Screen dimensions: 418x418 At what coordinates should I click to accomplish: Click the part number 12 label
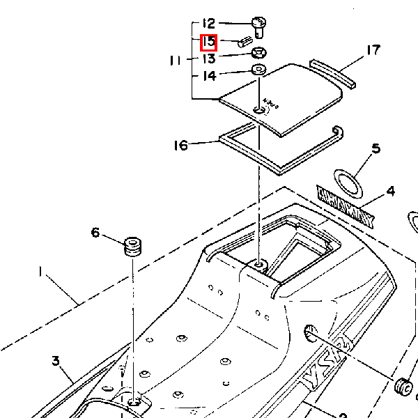pyautogui.click(x=208, y=24)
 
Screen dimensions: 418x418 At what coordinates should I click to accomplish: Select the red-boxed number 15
pyautogui.click(x=208, y=42)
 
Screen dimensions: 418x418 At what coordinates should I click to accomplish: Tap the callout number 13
pyautogui.click(x=208, y=59)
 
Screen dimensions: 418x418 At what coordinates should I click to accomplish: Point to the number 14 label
pyautogui.click(x=208, y=75)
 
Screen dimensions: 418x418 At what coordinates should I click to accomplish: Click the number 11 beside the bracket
pyautogui.click(x=176, y=61)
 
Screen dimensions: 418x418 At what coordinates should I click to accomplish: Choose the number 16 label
pyautogui.click(x=181, y=146)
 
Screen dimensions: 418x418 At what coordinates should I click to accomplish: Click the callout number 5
pyautogui.click(x=376, y=148)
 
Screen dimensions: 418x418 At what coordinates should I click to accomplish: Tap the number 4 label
pyautogui.click(x=390, y=190)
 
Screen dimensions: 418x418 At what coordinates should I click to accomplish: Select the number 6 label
pyautogui.click(x=95, y=233)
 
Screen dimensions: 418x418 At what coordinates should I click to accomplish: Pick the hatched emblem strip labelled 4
pyautogui.click(x=346, y=207)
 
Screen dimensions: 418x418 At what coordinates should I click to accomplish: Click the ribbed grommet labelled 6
pyautogui.click(x=132, y=247)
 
